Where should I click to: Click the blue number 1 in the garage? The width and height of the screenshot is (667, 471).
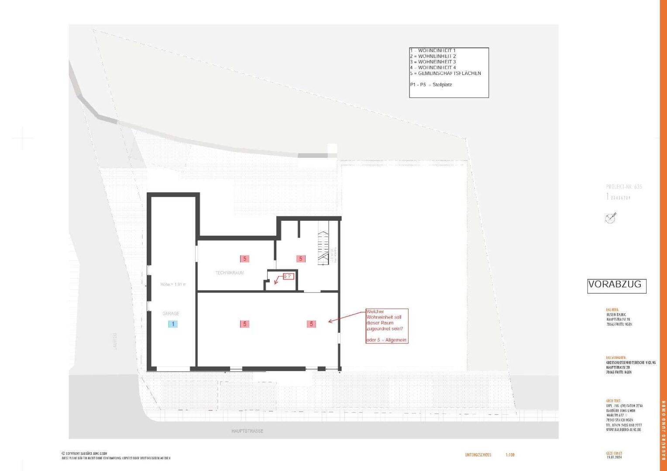point(173,324)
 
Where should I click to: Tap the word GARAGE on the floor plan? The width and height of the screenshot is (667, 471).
point(171,314)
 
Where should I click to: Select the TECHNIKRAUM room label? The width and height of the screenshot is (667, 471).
point(230,273)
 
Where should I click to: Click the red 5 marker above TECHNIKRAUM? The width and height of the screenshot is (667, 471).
point(244,259)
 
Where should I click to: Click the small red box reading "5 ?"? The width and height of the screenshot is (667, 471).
point(288,276)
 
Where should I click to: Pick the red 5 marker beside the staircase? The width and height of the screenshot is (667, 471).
point(301,259)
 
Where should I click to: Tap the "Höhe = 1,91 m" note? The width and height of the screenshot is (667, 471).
point(173,284)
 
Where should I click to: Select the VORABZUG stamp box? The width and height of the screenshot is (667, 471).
point(616,286)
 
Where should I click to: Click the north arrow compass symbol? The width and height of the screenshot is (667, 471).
point(611,218)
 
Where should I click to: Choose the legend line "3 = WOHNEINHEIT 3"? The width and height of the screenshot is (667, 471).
point(433,62)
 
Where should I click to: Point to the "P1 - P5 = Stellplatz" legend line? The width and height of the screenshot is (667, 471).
point(431,85)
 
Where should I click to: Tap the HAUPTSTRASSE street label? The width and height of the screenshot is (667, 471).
point(247,431)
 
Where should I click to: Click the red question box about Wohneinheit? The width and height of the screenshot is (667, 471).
point(387,326)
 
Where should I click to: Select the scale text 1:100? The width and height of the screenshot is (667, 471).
point(510,455)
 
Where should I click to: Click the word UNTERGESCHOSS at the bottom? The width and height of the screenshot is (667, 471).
point(478,455)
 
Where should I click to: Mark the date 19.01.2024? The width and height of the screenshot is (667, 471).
point(614,457)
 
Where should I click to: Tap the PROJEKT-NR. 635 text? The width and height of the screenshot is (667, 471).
point(624,187)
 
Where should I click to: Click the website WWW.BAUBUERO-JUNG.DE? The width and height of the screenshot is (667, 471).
point(624,430)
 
